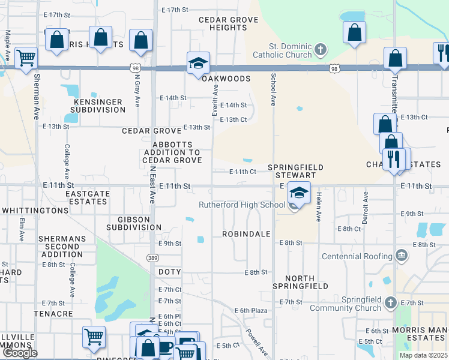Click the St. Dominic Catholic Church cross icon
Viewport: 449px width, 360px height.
pos(321,49)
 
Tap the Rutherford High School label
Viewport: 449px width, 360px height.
pos(242,205)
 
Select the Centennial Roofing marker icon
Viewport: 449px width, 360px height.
pos(402,256)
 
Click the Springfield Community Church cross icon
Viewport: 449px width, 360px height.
pos(391,301)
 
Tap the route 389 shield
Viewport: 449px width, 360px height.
pos(154,257)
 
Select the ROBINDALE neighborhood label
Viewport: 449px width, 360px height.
pos(247,233)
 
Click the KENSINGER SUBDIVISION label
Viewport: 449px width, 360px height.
pos(99,106)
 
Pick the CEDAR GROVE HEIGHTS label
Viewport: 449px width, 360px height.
pos(229,23)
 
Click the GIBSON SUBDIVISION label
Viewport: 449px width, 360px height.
pos(134,223)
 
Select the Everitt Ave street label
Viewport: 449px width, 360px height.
pos(215,96)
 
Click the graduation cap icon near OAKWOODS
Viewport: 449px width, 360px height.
pos(197,62)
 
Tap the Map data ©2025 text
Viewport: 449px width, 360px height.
pos(423,355)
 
